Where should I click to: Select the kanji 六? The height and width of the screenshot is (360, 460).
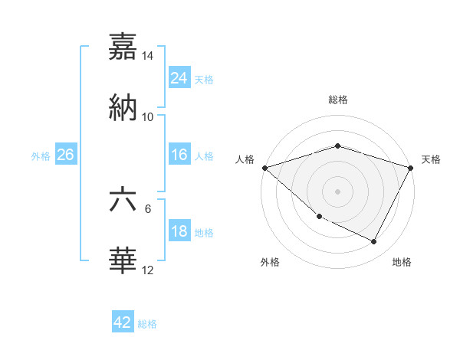123,201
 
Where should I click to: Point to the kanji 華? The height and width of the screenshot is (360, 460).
123,260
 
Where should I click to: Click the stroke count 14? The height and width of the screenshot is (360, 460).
148,56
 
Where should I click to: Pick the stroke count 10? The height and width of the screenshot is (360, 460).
148,116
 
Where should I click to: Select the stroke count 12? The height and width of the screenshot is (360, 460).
148,270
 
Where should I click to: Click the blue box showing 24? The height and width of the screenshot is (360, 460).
179,77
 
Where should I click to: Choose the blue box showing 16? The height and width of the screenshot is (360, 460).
179,155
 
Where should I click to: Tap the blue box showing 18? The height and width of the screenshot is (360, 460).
179,231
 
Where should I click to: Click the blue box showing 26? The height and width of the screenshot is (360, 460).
66,155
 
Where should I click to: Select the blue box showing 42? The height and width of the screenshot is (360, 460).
123,322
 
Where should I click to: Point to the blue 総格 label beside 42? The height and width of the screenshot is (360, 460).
147,324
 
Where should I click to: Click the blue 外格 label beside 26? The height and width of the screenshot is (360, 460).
41,155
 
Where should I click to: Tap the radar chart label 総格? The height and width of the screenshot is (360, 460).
337,100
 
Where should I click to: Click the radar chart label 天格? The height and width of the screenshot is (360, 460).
432,159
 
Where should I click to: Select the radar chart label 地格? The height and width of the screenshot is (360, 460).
402,262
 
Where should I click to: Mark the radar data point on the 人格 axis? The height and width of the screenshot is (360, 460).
264,168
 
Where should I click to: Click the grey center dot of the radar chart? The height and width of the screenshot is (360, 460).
337,191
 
